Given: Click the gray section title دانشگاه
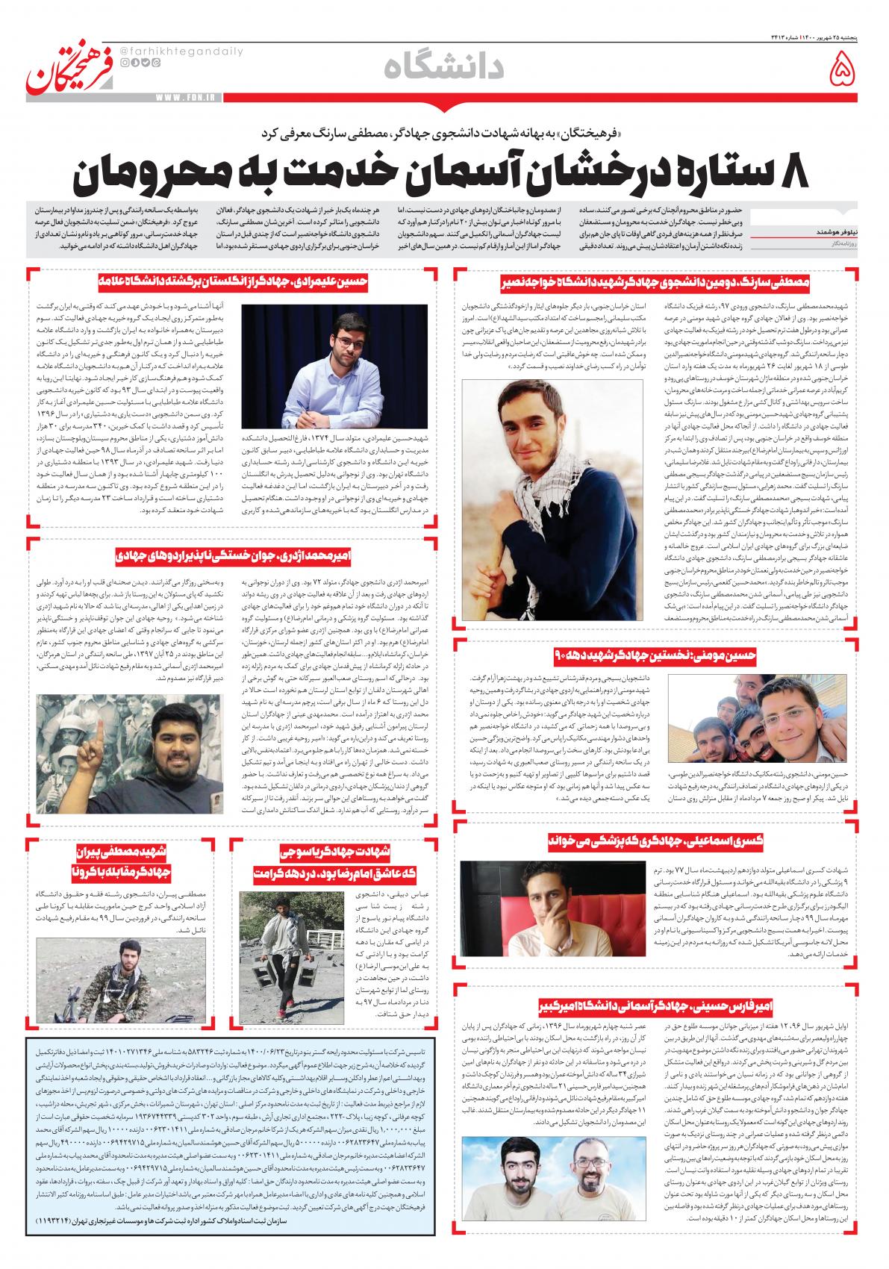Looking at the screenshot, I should [445, 69].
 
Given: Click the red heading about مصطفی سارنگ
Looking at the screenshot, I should [656, 281].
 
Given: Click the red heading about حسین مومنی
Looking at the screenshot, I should [655, 655].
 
